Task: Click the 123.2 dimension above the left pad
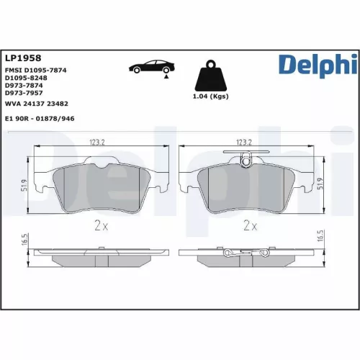[x=97, y=142]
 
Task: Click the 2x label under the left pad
[x=101, y=225]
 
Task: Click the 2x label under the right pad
[x=250, y=225]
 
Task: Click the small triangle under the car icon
[x=167, y=74]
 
